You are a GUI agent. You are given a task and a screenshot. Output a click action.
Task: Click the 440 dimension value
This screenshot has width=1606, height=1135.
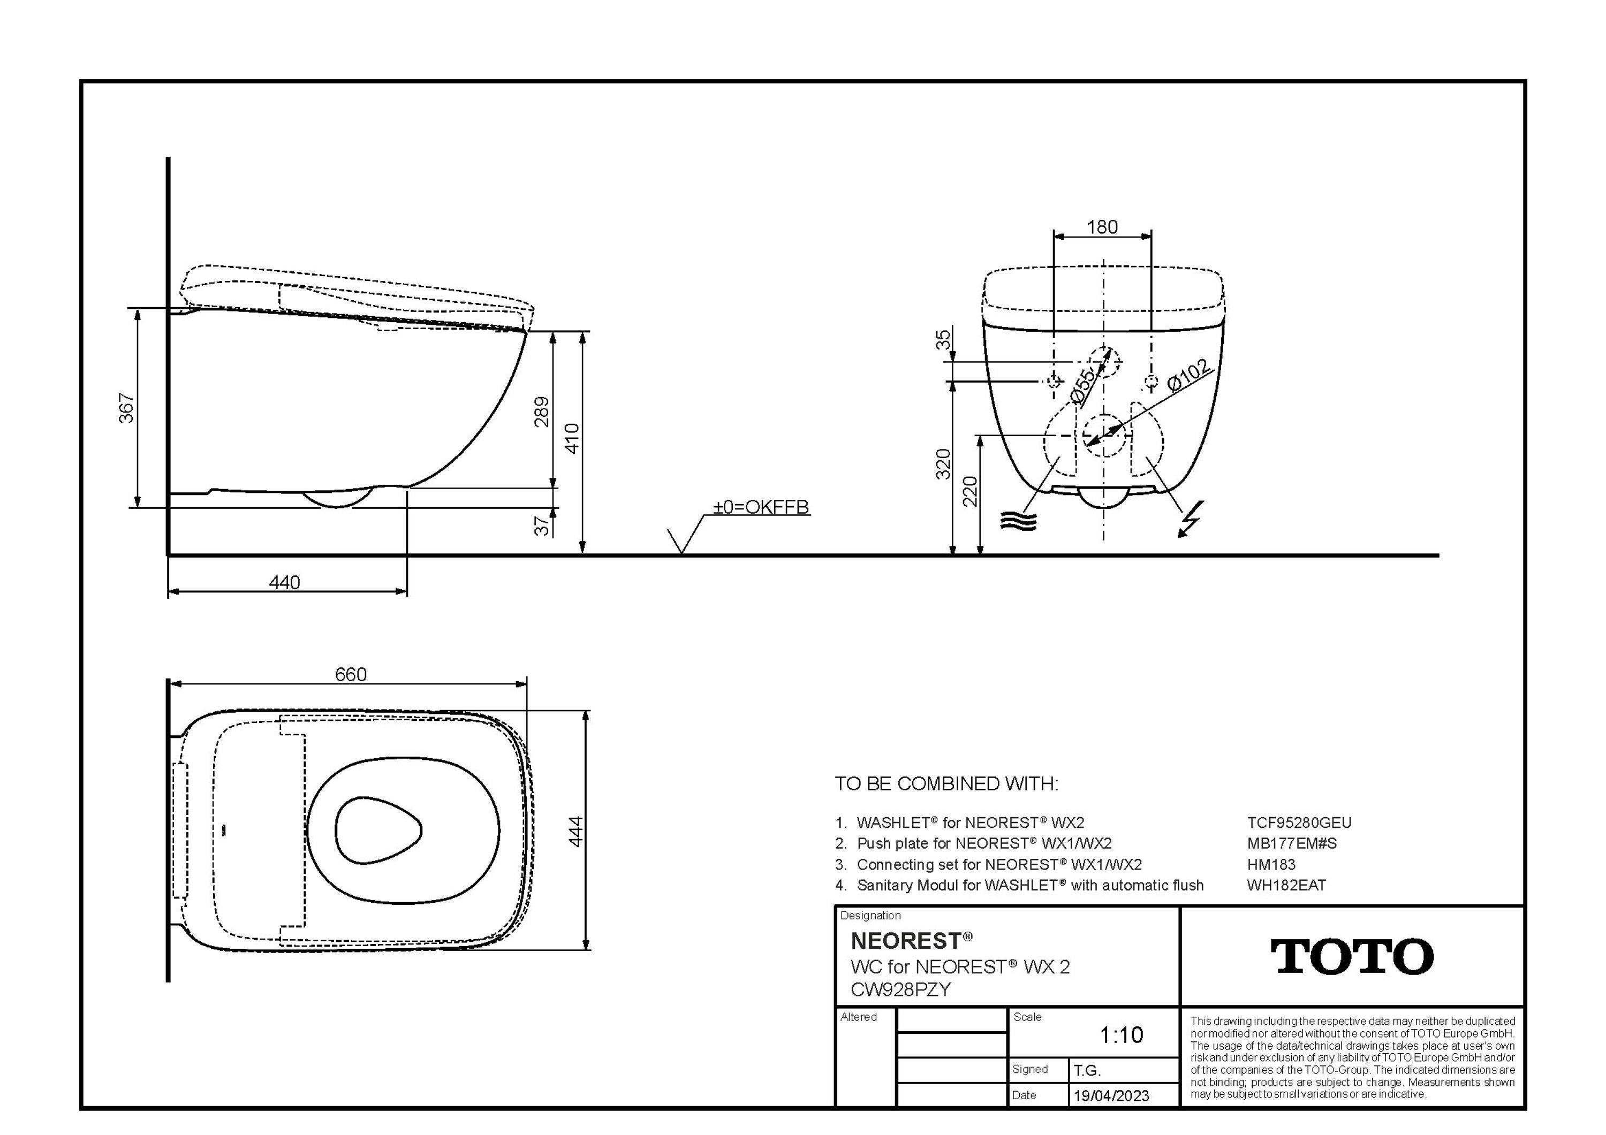click(285, 583)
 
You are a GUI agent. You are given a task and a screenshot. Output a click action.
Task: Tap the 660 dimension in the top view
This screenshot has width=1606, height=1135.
click(351, 674)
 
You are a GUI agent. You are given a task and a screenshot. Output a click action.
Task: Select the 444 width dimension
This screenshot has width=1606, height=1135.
click(575, 832)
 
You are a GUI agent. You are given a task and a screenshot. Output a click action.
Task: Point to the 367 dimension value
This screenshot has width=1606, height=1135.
click(126, 408)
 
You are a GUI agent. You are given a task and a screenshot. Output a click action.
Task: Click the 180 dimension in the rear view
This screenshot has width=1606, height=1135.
click(1102, 227)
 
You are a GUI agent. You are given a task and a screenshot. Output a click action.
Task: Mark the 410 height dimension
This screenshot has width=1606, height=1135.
click(572, 438)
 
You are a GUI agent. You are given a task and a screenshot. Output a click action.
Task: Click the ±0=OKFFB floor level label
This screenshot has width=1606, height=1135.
click(761, 507)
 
